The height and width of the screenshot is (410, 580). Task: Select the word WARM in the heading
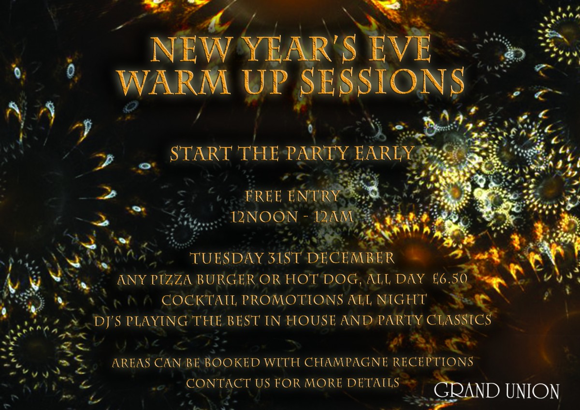[x=175, y=81]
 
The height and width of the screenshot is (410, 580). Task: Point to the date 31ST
[x=284, y=258]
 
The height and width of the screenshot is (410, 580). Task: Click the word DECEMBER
[x=351, y=258]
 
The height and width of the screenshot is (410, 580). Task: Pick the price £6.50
[x=450, y=279]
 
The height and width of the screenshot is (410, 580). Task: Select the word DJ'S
[x=109, y=321]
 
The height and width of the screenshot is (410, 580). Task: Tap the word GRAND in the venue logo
[x=466, y=391]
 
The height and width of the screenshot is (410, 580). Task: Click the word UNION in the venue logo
[x=532, y=391]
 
